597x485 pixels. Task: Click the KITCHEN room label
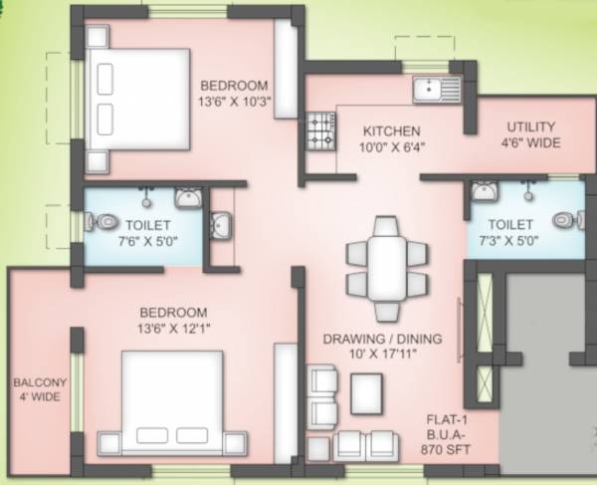click(x=391, y=130)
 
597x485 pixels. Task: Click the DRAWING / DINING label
click(x=382, y=339)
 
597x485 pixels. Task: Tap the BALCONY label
click(x=39, y=382)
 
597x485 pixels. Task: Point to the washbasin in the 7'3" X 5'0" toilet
click(x=484, y=190)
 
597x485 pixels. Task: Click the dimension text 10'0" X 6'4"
click(x=391, y=147)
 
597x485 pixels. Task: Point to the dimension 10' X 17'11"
click(x=382, y=355)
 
